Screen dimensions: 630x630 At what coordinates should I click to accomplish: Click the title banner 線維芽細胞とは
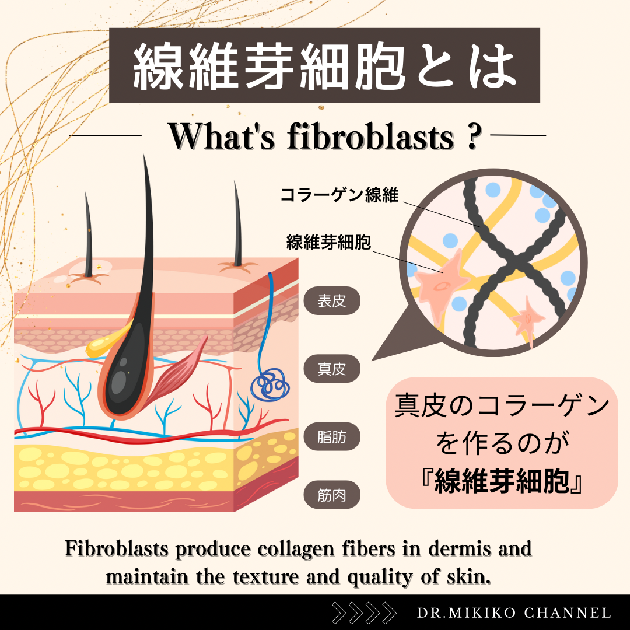[324, 65]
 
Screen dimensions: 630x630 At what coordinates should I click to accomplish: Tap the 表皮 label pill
[332, 302]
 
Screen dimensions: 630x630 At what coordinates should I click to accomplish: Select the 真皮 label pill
[332, 369]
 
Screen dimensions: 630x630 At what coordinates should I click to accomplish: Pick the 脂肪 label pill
[332, 437]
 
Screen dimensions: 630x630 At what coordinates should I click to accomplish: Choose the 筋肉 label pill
[332, 496]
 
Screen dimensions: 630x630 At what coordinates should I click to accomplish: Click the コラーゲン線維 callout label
[339, 195]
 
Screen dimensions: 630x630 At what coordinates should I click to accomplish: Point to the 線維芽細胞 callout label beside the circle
[328, 242]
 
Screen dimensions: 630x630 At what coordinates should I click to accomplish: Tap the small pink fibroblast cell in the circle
[528, 317]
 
